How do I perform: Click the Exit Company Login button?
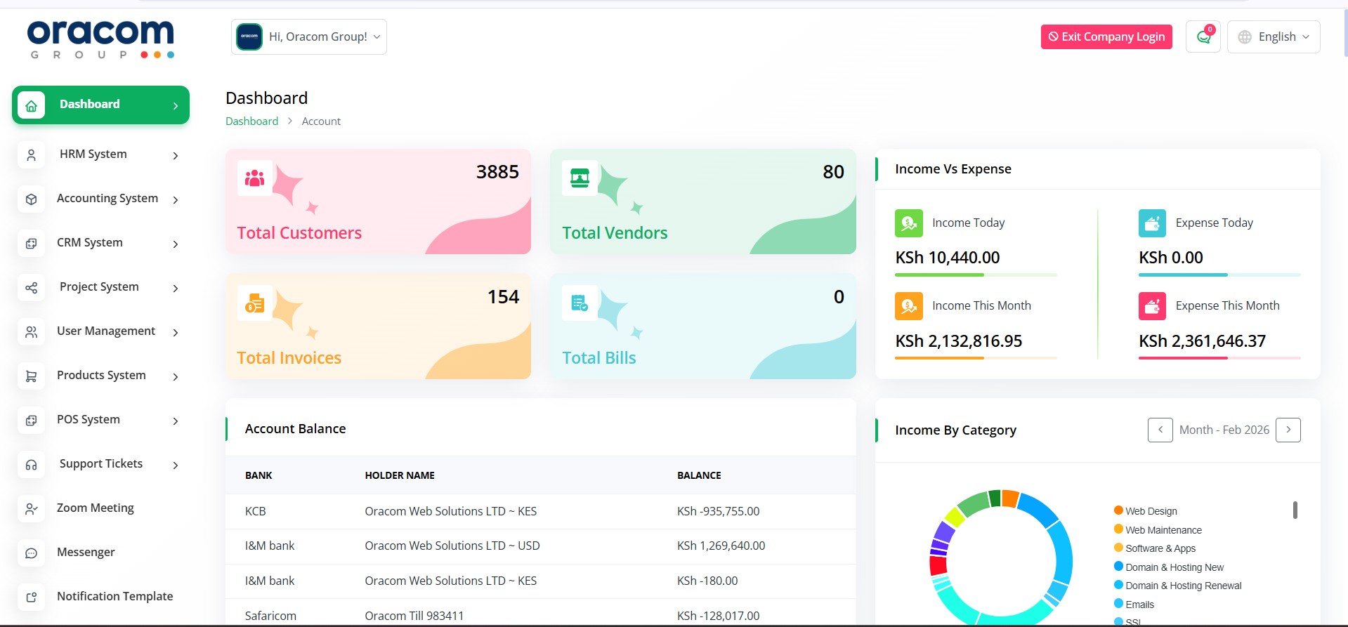pos(1106,37)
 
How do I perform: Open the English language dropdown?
pos(1273,37)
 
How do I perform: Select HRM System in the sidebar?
pos(93,154)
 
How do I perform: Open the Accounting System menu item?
pos(107,199)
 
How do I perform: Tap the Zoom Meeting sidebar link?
pos(95,508)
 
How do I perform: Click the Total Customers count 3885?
pos(497,172)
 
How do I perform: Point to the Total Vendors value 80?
pos(833,172)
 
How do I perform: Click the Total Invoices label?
pos(289,358)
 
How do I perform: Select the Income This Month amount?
pos(958,341)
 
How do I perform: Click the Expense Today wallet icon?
pos(1152,223)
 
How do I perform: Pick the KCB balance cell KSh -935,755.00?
pos(718,512)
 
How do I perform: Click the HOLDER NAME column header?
pos(399,476)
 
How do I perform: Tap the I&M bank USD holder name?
pos(452,546)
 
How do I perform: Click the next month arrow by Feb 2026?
pos(1288,430)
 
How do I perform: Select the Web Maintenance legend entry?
pos(1163,530)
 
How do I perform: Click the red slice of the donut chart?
pos(938,566)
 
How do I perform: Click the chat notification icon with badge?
pos(1203,37)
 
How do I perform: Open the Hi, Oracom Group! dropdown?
pos(309,37)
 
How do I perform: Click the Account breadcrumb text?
pos(321,121)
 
